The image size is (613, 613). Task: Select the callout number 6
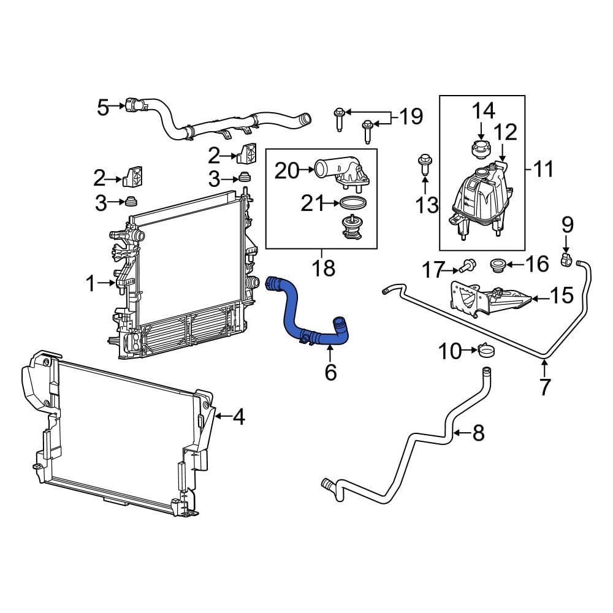pos(330,371)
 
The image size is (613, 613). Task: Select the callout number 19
pos(411,116)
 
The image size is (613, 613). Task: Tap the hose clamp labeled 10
pos(488,351)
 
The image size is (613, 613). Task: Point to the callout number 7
pos(544,386)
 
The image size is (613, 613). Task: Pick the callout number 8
pos(478,433)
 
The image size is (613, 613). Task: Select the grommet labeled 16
pos(498,265)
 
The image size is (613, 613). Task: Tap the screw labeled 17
pos(467,267)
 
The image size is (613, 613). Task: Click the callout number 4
pos(238,417)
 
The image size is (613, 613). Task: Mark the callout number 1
pos(91,283)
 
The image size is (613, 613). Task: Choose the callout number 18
pos(323,268)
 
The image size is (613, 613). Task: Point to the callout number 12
pos(505,132)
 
